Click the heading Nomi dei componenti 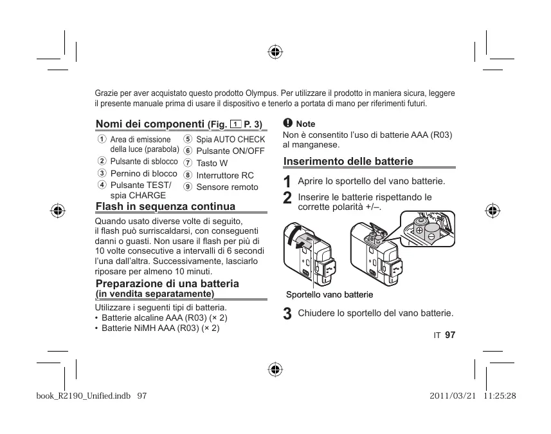[150, 124]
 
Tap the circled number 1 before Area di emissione [102, 140]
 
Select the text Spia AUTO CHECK [230, 139]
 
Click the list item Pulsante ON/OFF [230, 151]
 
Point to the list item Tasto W [212, 163]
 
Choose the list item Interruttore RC [224, 175]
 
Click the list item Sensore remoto [227, 187]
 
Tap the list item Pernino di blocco [143, 174]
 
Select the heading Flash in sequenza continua [165, 207]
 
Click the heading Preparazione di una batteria [167, 284]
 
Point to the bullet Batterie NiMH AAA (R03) [161, 328]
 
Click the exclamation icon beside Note [287, 123]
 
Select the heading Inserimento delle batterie [348, 162]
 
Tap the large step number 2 [287, 198]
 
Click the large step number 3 [287, 314]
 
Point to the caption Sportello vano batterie [329, 294]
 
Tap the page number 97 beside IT [449, 335]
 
